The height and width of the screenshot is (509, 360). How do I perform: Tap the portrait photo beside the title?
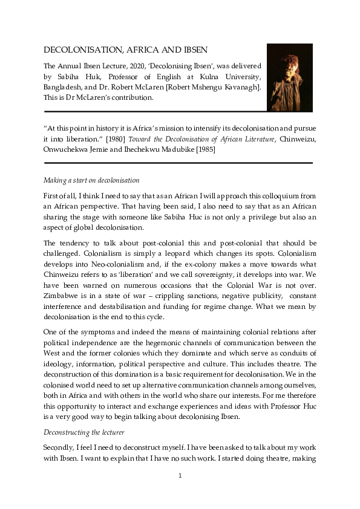(x=289, y=77)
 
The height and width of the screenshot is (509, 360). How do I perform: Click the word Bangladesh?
(x=65, y=88)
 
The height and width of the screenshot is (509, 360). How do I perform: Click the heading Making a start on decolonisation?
(x=91, y=180)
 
